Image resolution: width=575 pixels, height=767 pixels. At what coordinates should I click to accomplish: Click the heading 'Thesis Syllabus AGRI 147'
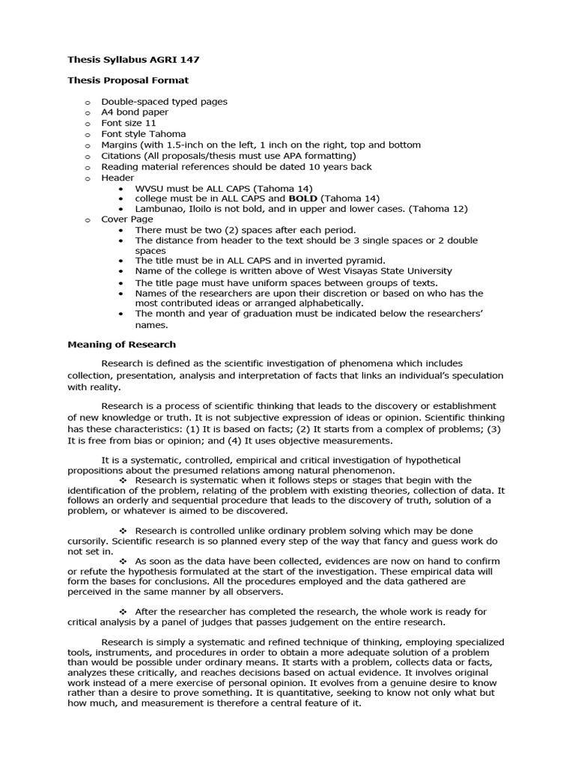click(133, 59)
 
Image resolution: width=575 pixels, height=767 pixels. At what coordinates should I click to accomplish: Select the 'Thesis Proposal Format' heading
click(128, 80)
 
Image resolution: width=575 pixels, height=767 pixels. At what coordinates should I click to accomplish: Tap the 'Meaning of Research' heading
click(121, 345)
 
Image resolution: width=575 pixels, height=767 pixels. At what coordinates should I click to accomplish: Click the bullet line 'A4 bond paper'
click(135, 112)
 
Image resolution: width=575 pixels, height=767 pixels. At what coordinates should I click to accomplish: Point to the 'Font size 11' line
click(129, 123)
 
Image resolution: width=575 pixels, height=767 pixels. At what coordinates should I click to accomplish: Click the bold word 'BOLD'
click(303, 198)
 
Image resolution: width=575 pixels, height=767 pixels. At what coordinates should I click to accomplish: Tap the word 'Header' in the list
click(118, 178)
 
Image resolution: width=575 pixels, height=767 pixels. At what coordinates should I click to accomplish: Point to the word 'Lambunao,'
click(159, 209)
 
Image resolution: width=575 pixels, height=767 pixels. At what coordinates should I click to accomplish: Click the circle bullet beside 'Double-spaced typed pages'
click(87, 102)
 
